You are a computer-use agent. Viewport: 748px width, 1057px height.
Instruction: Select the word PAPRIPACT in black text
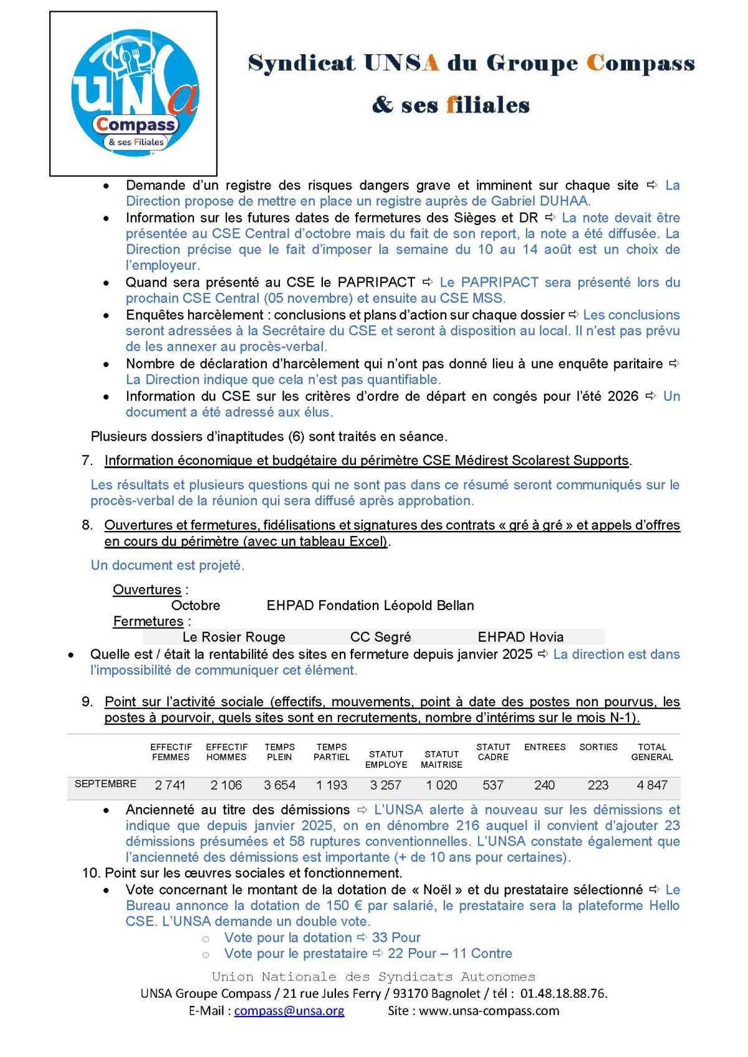tap(376, 282)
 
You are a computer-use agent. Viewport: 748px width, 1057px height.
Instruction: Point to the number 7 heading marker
tap(87, 461)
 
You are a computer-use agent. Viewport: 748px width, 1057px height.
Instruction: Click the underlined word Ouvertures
tap(147, 590)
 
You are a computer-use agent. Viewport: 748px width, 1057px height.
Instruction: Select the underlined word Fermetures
tap(148, 621)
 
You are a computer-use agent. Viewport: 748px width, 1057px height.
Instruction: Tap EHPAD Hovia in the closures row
tap(520, 637)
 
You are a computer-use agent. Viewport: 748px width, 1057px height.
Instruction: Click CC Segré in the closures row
tap(380, 637)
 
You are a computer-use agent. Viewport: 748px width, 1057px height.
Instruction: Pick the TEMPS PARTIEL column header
tap(332, 752)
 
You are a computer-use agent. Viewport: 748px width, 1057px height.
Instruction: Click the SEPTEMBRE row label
tap(105, 784)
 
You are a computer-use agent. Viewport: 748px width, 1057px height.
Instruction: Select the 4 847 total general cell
tap(652, 785)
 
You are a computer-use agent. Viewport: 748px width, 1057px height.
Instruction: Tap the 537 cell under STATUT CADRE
tap(492, 785)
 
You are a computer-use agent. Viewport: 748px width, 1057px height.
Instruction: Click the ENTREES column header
tap(545, 747)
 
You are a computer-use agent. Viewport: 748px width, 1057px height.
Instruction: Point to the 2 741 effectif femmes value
tap(170, 785)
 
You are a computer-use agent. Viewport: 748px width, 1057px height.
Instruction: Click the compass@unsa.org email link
tap(289, 1011)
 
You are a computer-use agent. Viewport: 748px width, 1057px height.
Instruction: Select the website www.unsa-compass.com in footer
tap(489, 1011)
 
